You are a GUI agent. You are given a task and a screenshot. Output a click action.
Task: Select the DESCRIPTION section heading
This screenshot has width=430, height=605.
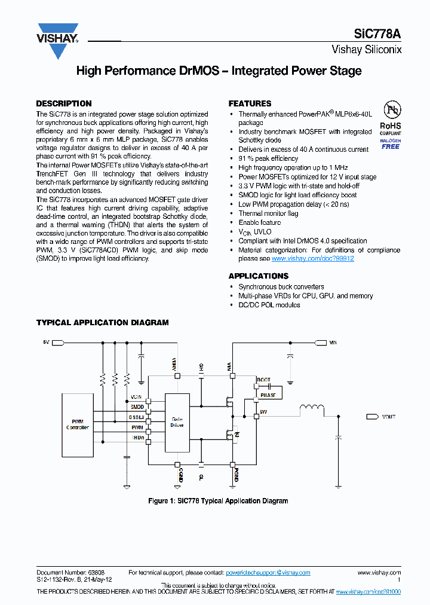coord(64,103)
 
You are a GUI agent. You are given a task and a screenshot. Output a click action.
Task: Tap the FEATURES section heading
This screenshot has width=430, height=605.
coord(250,103)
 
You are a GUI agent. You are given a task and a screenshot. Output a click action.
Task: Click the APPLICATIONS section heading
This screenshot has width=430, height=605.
coord(258,276)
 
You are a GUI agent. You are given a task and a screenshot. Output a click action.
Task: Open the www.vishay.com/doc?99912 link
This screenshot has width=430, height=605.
coord(312,259)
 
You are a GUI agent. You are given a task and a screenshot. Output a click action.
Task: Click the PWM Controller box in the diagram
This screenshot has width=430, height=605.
coord(77,424)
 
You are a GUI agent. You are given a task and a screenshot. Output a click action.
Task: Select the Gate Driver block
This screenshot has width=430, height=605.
coord(177,422)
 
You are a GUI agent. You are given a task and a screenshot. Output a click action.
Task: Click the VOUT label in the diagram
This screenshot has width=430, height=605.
coord(389,417)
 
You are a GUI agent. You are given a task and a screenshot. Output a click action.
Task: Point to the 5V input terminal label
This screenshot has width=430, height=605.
coord(46,343)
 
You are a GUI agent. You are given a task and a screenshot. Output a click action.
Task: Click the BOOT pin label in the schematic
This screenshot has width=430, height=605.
coord(263,380)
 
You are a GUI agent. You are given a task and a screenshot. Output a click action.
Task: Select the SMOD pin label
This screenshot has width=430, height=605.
coord(137,407)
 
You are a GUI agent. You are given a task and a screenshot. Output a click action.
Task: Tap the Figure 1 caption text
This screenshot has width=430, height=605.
coord(218,501)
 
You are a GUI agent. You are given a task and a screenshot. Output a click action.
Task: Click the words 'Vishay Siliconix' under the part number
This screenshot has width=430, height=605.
coord(366,50)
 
